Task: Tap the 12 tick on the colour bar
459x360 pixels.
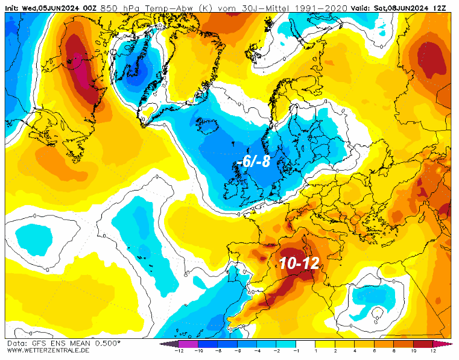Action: [433, 350]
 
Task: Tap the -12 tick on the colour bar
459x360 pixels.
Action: [179, 350]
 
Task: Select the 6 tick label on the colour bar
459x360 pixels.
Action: [374, 350]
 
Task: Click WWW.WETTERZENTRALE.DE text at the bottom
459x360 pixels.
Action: [49, 350]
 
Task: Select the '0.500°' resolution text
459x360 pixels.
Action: [107, 343]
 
